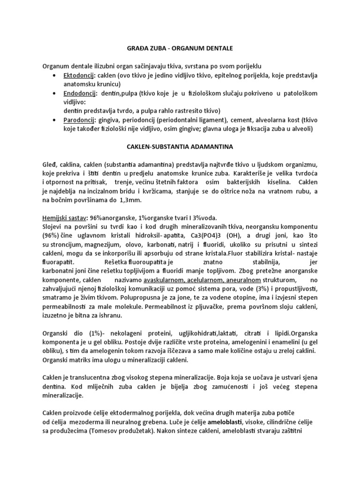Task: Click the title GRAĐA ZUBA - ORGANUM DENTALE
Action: click(x=180, y=48)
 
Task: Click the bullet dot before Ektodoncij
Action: click(x=56, y=75)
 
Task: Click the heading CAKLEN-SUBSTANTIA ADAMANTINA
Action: click(x=180, y=147)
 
